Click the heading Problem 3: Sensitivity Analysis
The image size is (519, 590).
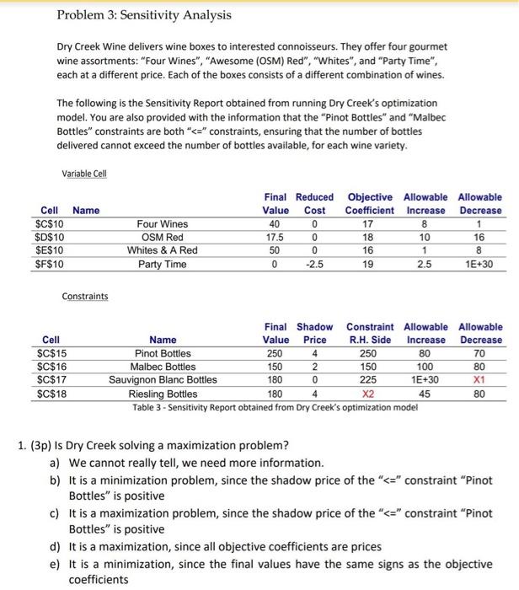tap(143, 15)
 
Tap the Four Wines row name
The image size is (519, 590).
tap(163, 224)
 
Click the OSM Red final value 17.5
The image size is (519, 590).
tap(274, 238)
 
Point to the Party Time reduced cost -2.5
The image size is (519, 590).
tap(314, 265)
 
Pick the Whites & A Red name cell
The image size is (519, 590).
tap(163, 251)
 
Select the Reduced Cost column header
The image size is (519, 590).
tap(314, 203)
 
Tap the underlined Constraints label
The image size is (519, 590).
tap(85, 297)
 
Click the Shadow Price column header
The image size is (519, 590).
tap(314, 333)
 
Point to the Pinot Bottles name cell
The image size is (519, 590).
tap(163, 353)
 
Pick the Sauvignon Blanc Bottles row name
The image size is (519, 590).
tap(163, 380)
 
